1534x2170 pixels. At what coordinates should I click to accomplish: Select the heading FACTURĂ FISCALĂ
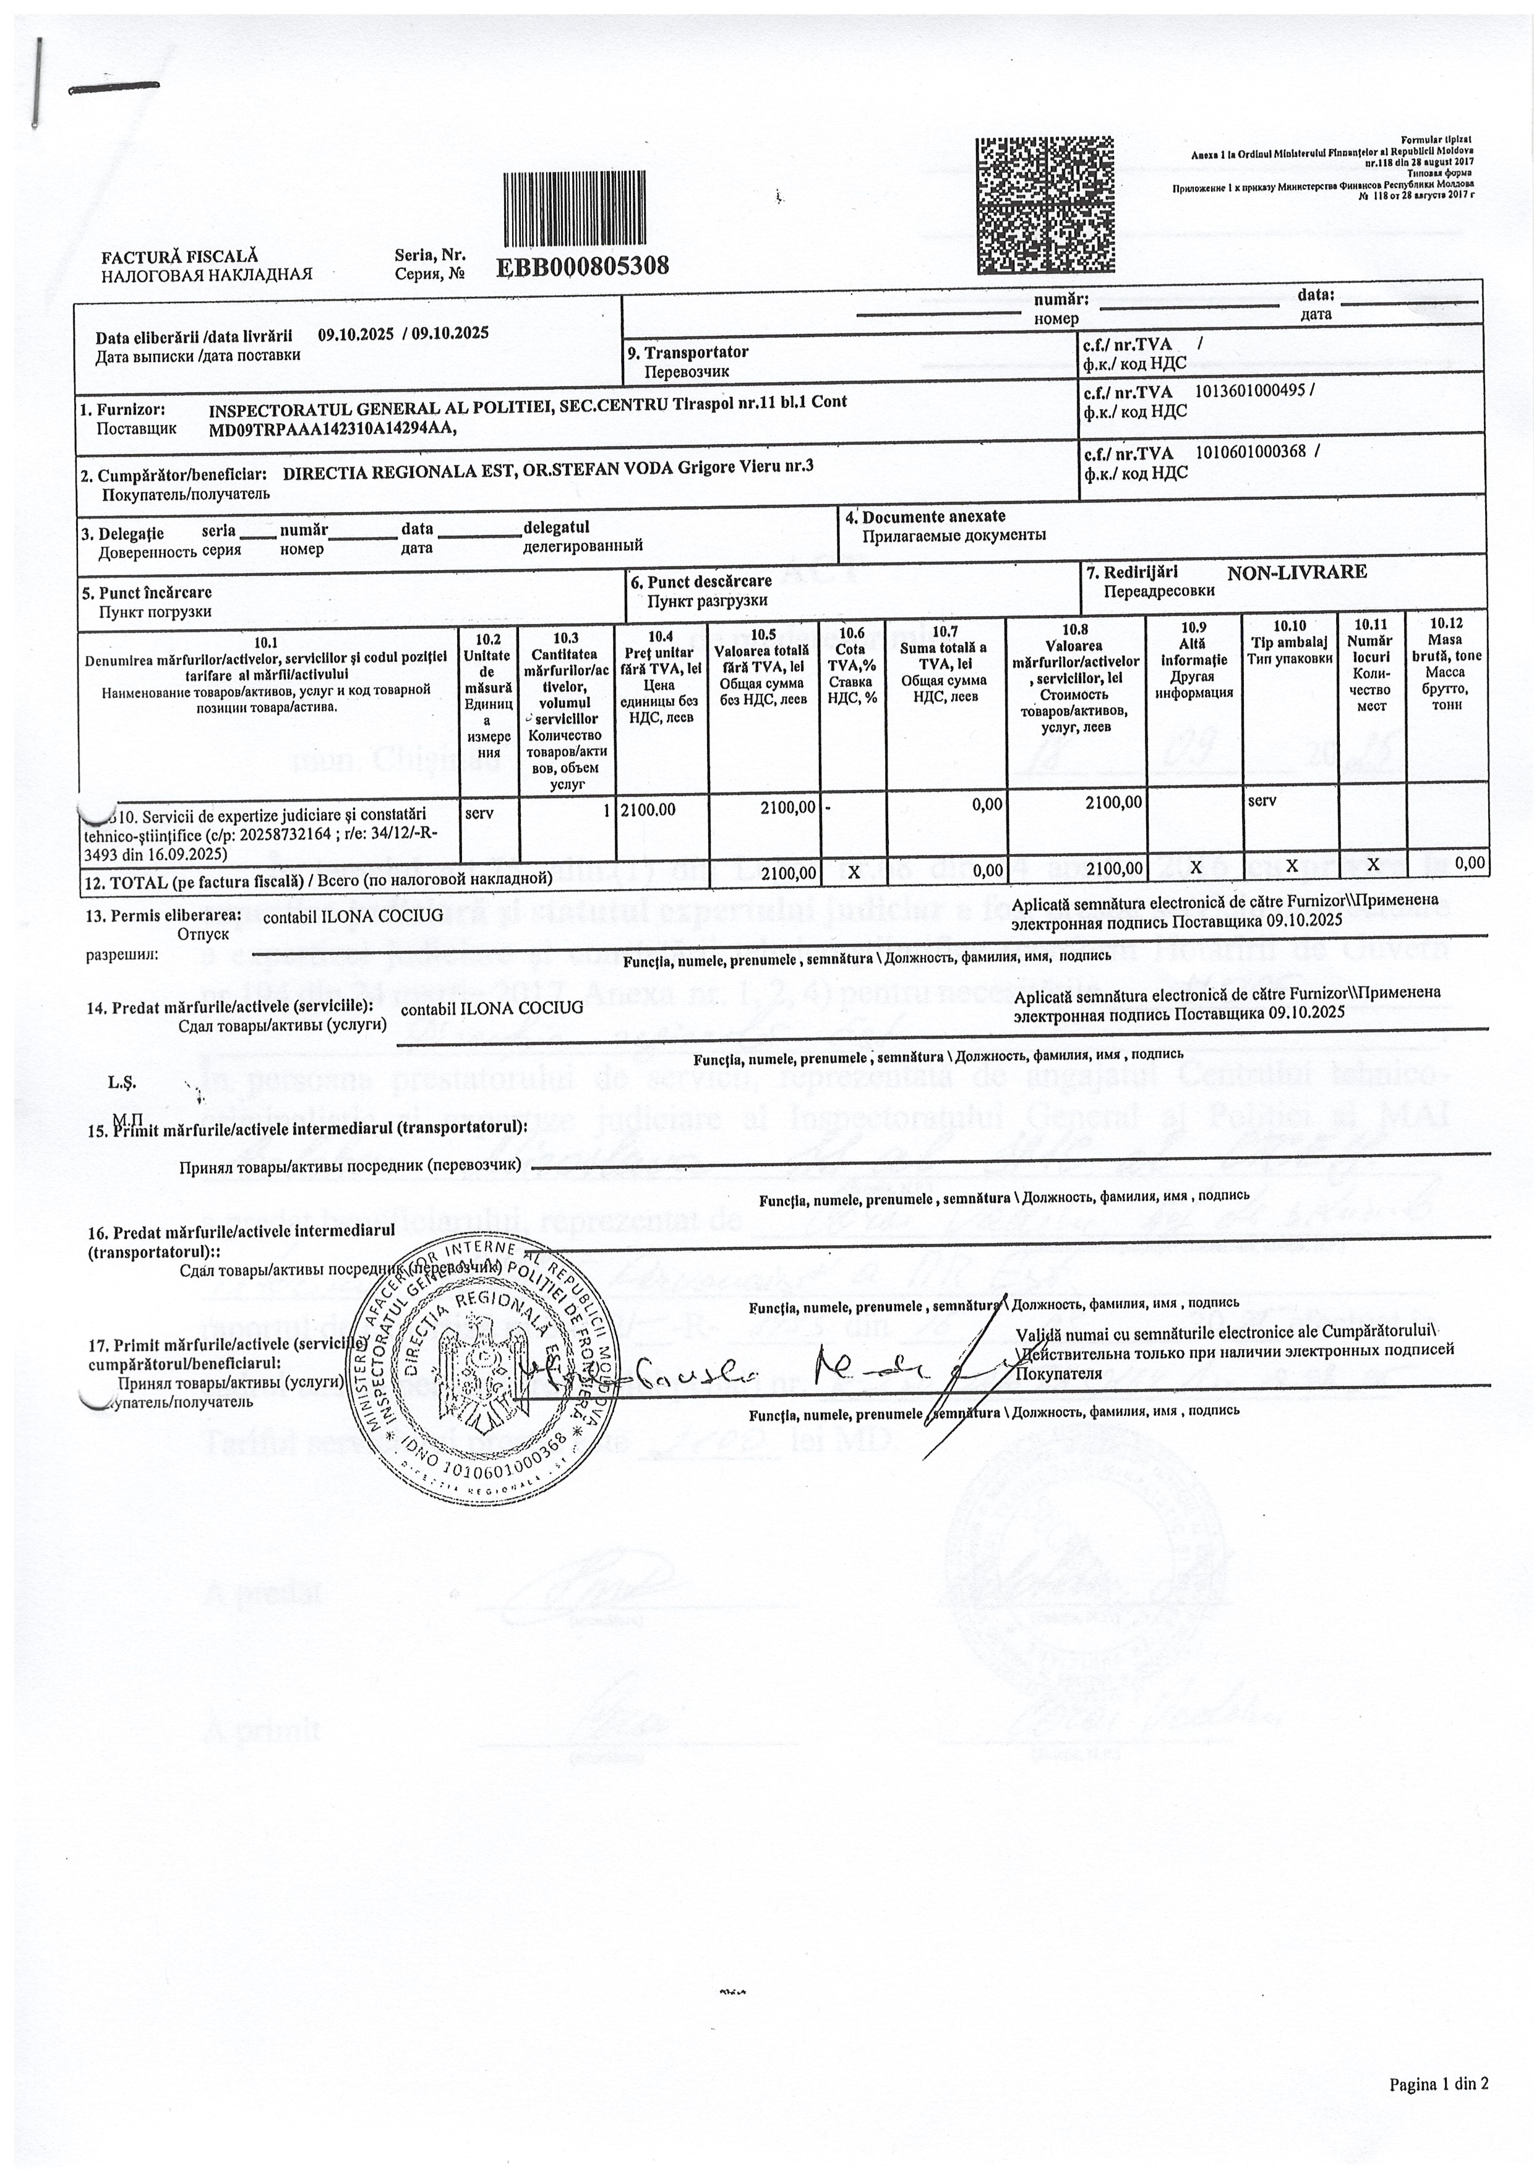click(x=179, y=256)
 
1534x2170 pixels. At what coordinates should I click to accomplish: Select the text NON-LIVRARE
click(x=1296, y=572)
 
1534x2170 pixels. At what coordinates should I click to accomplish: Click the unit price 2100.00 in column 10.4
click(x=648, y=809)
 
